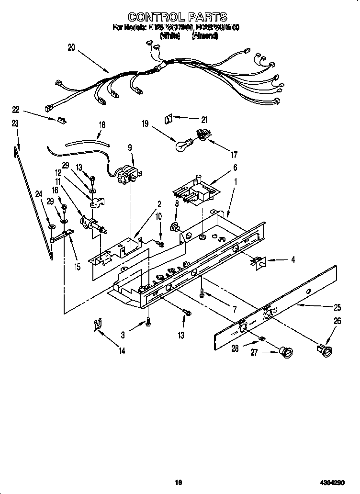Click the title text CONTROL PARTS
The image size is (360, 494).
coord(178,18)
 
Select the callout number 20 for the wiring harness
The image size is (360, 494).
coord(71,47)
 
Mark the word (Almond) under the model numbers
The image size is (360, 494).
coord(205,36)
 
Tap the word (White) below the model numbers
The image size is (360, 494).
coord(170,36)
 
